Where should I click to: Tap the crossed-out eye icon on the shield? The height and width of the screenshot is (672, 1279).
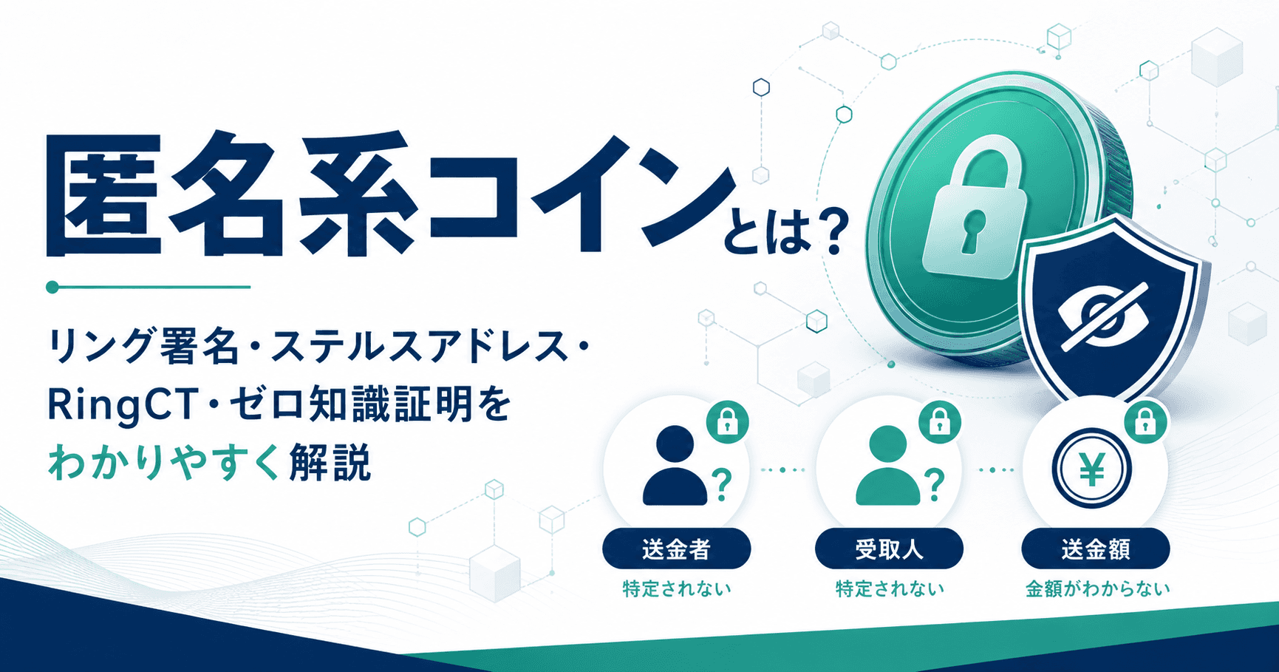pyautogui.click(x=1102, y=316)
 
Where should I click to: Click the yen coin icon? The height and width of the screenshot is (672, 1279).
pyautogui.click(x=1092, y=469)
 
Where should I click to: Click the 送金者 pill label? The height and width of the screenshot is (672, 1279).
pyautogui.click(x=676, y=549)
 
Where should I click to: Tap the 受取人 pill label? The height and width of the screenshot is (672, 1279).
pyautogui.click(x=889, y=549)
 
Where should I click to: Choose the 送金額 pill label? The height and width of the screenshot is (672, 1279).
pyautogui.click(x=1095, y=549)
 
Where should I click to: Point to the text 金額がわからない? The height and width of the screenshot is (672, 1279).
pyautogui.click(x=1097, y=589)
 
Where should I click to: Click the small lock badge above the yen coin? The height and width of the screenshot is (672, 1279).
pyautogui.click(x=1145, y=423)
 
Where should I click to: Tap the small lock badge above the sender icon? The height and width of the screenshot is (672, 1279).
pyautogui.click(x=728, y=423)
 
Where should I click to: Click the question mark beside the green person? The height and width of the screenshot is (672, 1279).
pyautogui.click(x=935, y=484)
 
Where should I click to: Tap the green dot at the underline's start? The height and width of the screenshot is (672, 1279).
pyautogui.click(x=52, y=287)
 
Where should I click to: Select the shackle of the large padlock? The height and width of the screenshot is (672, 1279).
pyautogui.click(x=986, y=159)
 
